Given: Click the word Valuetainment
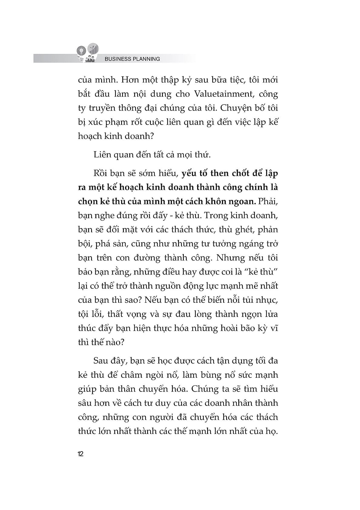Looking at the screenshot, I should point(222,94).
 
